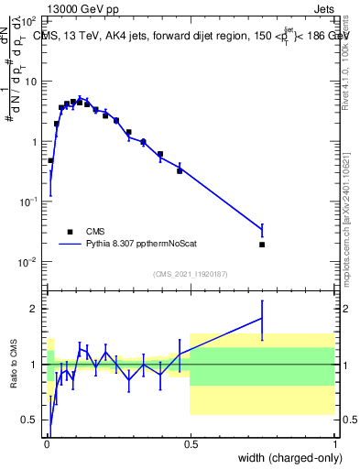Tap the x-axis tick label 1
click(334, 443)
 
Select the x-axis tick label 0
click(46, 443)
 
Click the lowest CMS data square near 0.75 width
click(262, 245)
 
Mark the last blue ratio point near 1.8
click(262, 318)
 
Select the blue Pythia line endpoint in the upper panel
click(262, 230)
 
